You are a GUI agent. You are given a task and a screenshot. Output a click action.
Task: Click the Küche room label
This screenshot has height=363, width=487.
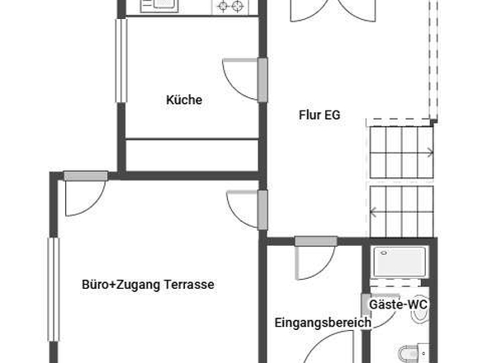(x=183, y=100)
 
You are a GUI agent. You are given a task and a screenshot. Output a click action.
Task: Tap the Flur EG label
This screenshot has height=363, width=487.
(x=319, y=115)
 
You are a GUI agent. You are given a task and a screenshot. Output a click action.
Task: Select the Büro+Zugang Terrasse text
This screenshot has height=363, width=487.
(x=148, y=285)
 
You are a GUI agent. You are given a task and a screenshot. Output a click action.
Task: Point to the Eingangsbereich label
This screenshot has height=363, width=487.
(x=322, y=323)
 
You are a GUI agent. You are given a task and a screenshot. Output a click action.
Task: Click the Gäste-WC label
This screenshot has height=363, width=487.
(x=397, y=304)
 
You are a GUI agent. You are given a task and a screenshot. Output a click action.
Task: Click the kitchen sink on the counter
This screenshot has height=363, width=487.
(x=159, y=7)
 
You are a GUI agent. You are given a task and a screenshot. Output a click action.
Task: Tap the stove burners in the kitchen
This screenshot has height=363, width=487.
(x=232, y=7)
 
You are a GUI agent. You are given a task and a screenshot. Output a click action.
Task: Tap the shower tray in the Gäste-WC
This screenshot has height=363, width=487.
(x=398, y=263)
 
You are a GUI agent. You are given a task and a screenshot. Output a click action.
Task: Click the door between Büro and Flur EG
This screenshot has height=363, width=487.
(x=245, y=209)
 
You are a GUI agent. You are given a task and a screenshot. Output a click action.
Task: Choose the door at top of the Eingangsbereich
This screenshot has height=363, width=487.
(x=314, y=258)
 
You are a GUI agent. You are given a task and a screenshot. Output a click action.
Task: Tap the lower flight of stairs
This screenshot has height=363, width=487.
(x=401, y=210)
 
